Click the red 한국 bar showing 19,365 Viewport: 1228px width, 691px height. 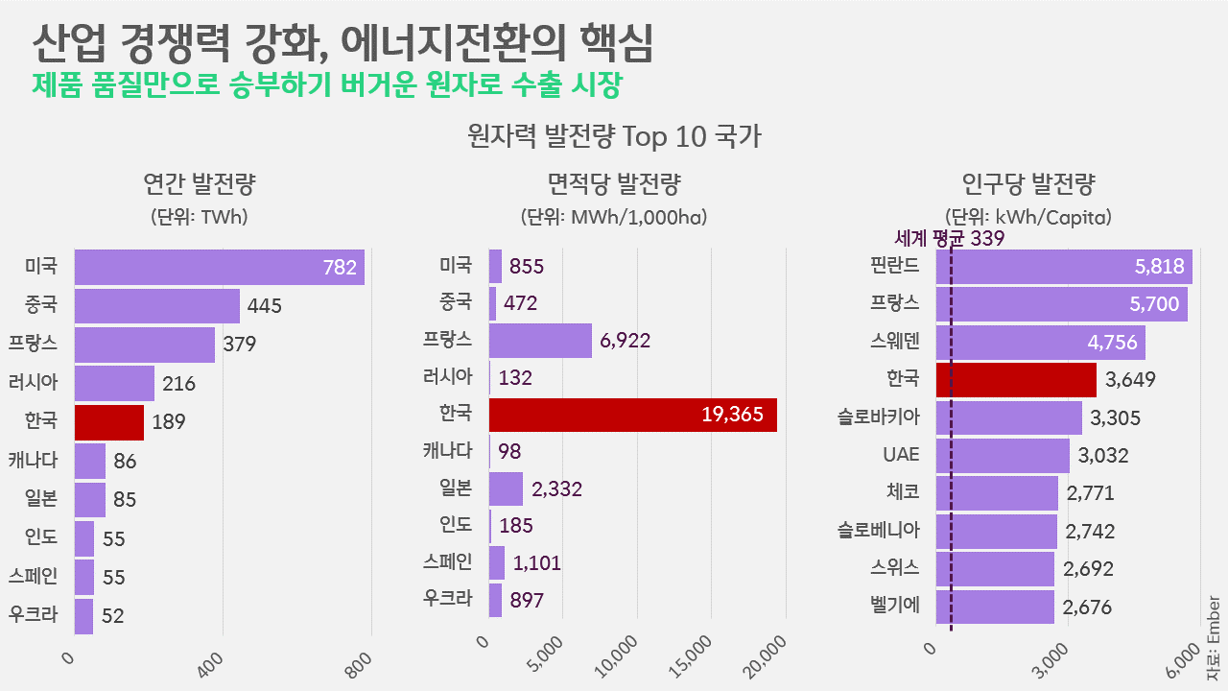tap(632, 415)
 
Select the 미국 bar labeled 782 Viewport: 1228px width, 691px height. tap(219, 268)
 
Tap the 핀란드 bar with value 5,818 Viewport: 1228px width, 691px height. tap(1063, 267)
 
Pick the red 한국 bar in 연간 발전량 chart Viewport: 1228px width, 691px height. tap(108, 421)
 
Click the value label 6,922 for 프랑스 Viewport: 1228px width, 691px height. tap(631, 341)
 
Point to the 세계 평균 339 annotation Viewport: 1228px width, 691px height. tap(949, 239)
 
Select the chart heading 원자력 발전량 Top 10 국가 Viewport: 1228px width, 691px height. tap(614, 136)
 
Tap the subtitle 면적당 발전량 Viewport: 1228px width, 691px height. tap(614, 182)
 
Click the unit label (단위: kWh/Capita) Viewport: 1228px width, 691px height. tap(1028, 217)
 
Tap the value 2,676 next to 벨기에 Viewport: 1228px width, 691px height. tap(1088, 608)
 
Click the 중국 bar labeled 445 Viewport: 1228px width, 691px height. tap(156, 306)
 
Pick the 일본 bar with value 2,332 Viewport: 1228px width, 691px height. tap(506, 488)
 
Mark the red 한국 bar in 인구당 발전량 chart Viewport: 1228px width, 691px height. tap(1015, 379)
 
